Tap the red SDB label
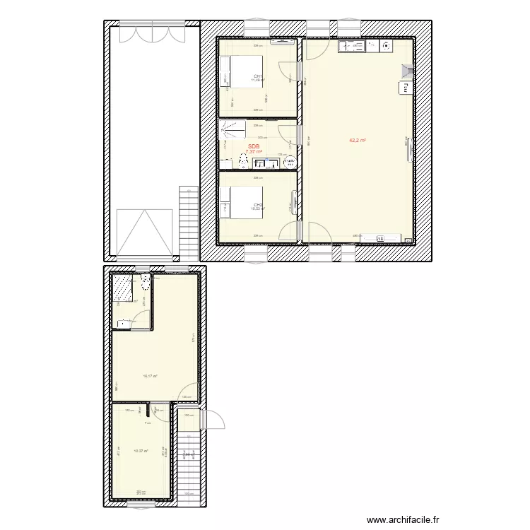point(253,147)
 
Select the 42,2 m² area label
point(357,141)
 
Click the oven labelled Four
point(406,88)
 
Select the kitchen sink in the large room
point(353,46)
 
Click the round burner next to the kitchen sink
point(386,46)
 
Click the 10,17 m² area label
point(150,376)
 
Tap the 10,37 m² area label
point(141,451)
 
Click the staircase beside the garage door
point(189,223)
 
